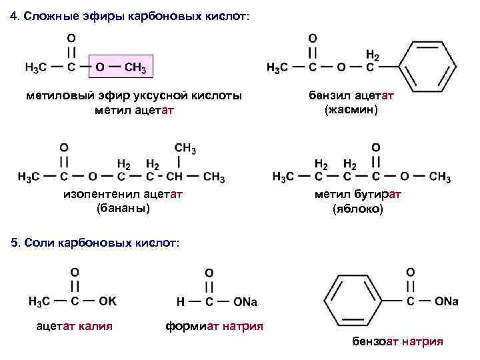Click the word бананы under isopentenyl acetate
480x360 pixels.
click(123, 209)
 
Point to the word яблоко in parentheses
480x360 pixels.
click(358, 209)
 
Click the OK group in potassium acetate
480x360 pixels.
click(107, 301)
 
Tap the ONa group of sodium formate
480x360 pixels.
click(245, 302)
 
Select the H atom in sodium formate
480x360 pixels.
click(180, 302)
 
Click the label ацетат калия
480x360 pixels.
click(74, 326)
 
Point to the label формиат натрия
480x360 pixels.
click(213, 326)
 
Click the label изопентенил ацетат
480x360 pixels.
click(123, 195)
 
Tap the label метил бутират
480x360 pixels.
click(358, 195)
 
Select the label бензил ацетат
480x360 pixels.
click(351, 96)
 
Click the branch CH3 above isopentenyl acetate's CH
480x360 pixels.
click(185, 147)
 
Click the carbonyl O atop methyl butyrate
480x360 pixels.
click(376, 147)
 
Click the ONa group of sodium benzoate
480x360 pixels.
click(446, 301)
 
